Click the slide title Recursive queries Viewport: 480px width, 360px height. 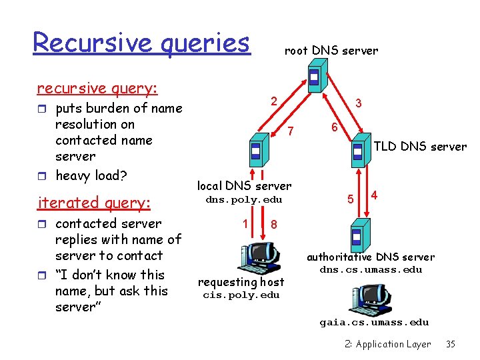pyautogui.click(x=141, y=43)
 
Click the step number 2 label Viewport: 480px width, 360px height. pyautogui.click(x=273, y=101)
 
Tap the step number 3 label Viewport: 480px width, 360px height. pyautogui.click(x=359, y=103)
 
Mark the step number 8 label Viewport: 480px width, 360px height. pyautogui.click(x=273, y=225)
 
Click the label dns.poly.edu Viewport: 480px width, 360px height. pyautogui.click(x=243, y=199)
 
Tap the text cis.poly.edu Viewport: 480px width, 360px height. pyautogui.click(x=241, y=295)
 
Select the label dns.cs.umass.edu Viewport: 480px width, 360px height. pyautogui.click(x=371, y=269)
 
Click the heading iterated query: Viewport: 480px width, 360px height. pyautogui.click(x=95, y=202)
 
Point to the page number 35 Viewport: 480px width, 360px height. pyautogui.click(x=451, y=344)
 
